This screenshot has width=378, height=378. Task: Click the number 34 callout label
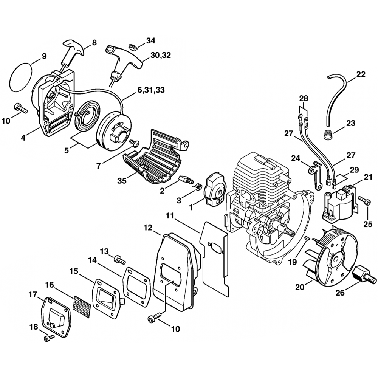150,40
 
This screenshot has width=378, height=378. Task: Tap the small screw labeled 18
48,338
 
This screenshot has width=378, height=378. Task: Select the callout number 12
148,228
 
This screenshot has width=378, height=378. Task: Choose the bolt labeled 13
119,259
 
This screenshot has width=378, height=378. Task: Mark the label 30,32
161,55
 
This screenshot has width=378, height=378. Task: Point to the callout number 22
361,74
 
